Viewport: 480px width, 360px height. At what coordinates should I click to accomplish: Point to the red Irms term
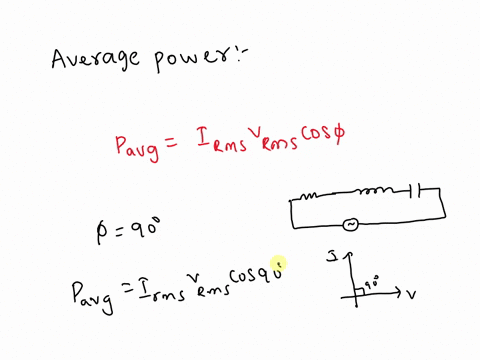click(211, 148)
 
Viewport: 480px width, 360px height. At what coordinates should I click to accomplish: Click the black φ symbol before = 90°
click(100, 231)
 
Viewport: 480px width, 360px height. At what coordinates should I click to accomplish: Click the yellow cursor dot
click(278, 263)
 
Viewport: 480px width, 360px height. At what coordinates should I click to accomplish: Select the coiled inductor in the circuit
click(378, 192)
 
